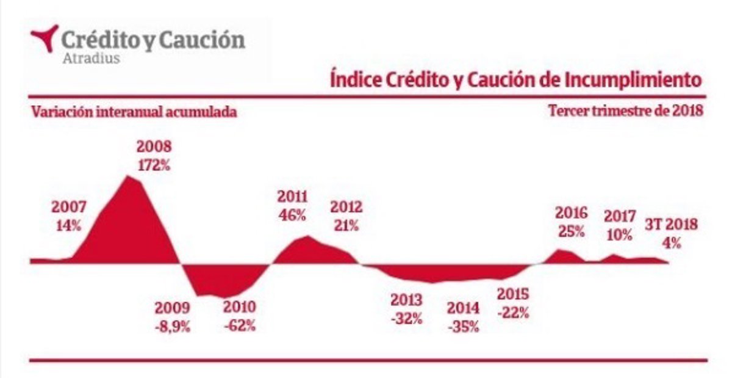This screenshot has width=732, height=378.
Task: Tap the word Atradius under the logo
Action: [91, 59]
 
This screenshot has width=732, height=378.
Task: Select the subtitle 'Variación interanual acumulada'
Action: [134, 112]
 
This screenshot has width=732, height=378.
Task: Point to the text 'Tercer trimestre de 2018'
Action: [626, 112]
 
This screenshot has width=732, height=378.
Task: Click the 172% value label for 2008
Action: [154, 164]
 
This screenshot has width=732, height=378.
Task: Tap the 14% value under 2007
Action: [68, 224]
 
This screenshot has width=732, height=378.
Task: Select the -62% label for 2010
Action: [239, 325]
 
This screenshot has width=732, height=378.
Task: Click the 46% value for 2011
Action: [293, 215]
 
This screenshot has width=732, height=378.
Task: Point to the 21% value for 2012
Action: [346, 224]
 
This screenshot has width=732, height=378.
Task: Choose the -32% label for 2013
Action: [407, 318]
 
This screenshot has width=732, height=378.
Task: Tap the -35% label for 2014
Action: [463, 326]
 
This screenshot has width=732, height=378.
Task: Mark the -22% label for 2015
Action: [513, 312]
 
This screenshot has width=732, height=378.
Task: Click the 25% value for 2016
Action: [571, 231]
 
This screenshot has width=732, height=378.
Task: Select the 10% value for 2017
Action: [620, 234]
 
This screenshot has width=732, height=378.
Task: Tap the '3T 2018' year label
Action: [671, 224]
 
